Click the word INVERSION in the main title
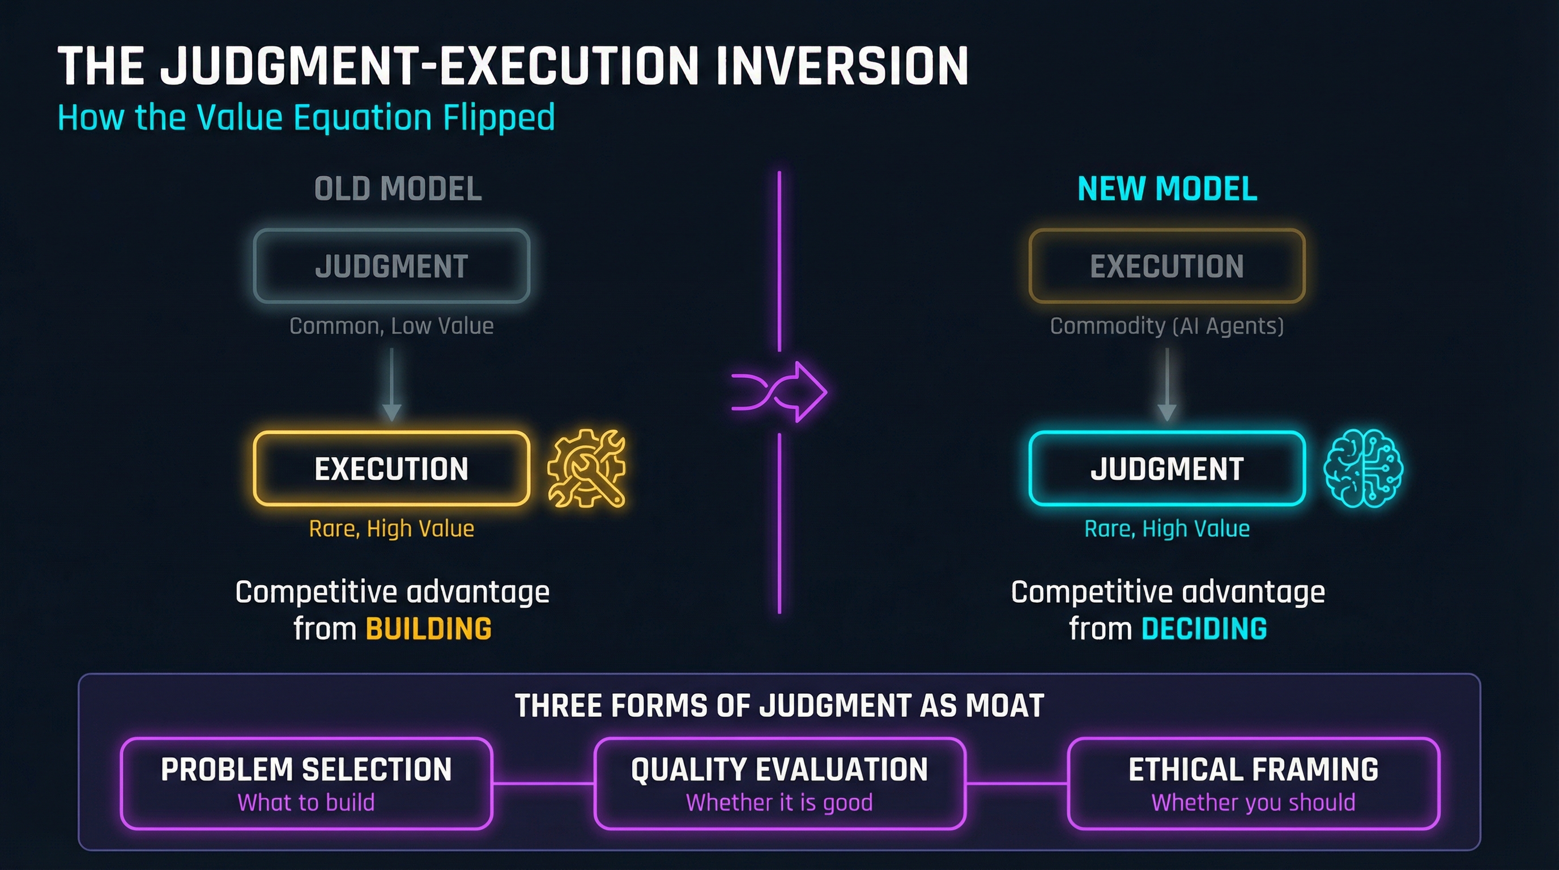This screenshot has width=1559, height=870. point(841,66)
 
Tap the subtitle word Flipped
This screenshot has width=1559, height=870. point(499,118)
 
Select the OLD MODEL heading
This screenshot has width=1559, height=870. point(398,189)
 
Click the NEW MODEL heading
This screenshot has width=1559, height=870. point(1167,189)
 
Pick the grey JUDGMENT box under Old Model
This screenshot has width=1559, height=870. point(391,266)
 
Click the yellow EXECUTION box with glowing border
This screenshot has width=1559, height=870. point(391,469)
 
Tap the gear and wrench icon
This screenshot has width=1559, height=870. point(586,468)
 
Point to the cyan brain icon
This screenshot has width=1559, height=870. point(1363,468)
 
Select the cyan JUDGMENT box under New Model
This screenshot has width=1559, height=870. point(1167,469)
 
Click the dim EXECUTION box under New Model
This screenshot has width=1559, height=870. point(1167,266)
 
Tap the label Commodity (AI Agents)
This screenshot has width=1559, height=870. point(1166,326)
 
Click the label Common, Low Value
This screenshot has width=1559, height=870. point(391,326)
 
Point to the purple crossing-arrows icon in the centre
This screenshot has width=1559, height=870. point(779,392)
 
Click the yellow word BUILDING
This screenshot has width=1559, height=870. point(428,629)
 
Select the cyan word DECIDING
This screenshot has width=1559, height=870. point(1204,629)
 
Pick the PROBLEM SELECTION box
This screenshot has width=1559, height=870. point(306,783)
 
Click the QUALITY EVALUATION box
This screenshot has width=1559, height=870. point(779,783)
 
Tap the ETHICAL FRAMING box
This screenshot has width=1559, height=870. point(1253,783)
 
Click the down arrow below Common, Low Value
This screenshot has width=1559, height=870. point(391,384)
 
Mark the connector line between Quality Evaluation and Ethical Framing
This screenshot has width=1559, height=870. point(1017,783)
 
